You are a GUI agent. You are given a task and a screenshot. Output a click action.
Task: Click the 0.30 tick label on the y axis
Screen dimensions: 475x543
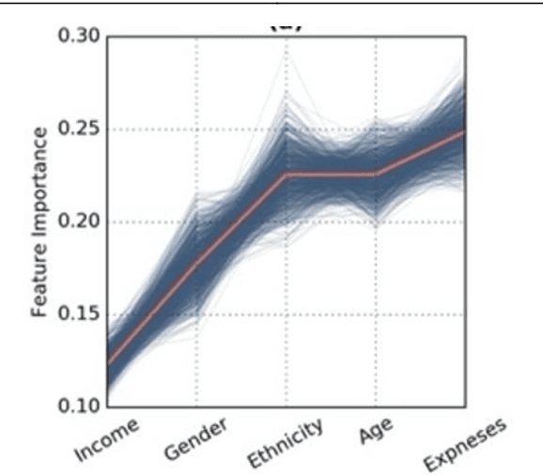pyautogui.click(x=78, y=38)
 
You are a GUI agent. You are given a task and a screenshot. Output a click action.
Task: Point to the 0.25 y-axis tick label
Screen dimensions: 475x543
pyautogui.click(x=78, y=130)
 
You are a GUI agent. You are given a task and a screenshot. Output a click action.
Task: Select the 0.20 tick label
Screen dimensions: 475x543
pyautogui.click(x=78, y=222)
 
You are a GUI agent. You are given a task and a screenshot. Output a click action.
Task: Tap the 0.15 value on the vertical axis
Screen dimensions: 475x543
pyautogui.click(x=78, y=314)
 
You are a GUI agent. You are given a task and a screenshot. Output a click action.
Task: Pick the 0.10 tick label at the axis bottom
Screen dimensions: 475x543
pyautogui.click(x=78, y=406)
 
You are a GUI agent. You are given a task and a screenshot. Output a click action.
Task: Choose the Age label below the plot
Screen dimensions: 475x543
pyautogui.click(x=375, y=433)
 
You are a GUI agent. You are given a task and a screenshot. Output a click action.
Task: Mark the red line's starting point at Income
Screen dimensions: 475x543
pyautogui.click(x=109, y=361)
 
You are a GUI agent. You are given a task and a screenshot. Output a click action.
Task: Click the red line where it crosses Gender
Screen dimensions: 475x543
pyautogui.click(x=196, y=264)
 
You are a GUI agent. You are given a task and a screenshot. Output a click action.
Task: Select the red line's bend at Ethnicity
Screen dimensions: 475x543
pyautogui.click(x=286, y=175)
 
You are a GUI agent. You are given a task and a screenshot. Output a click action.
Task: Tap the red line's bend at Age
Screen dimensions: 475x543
pyautogui.click(x=375, y=175)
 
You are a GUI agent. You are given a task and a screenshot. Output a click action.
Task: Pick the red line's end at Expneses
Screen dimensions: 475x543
pyautogui.click(x=463, y=133)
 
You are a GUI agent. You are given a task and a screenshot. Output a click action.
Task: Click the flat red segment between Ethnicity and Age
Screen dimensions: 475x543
pyautogui.click(x=330, y=175)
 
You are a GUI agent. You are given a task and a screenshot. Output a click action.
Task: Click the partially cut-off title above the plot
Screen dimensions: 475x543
pyautogui.click(x=287, y=25)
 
